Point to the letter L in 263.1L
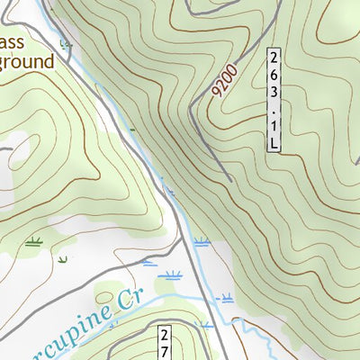tap(273, 141)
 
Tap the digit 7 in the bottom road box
tap(166, 352)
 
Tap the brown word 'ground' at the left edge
tap(26, 61)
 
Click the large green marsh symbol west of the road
tap(35, 241)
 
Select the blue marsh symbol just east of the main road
tap(202, 241)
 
